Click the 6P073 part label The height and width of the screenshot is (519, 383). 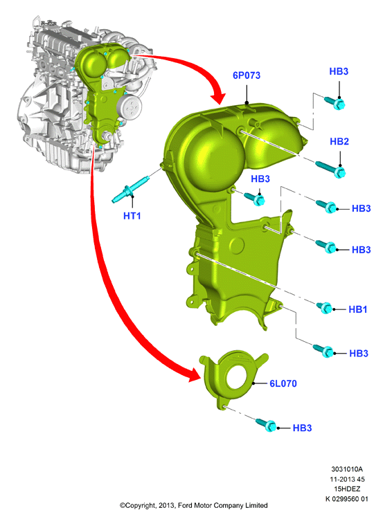(247, 75)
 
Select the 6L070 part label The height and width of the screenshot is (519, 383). (283, 383)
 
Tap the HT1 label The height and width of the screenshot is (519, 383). (132, 216)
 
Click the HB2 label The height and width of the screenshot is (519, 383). (339, 141)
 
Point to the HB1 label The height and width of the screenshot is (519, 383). (358, 309)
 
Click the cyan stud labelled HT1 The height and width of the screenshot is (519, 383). (130, 190)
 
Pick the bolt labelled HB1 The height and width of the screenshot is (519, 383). (325, 307)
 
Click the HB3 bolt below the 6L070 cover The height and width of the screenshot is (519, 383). (267, 424)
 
